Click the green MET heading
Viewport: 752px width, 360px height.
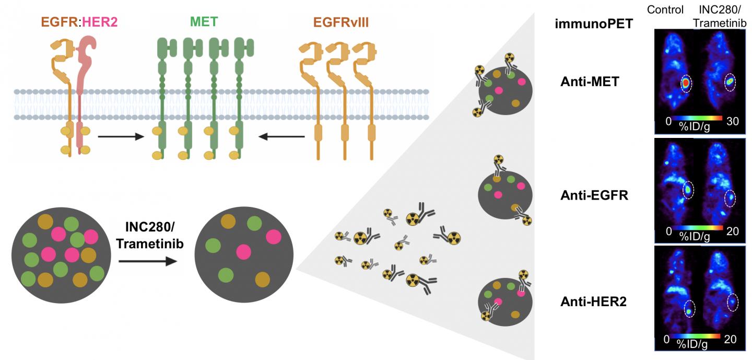point(204,23)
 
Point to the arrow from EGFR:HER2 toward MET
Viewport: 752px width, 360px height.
point(121,137)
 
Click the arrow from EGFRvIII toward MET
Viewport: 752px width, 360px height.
point(283,137)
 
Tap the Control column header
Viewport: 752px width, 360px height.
point(665,9)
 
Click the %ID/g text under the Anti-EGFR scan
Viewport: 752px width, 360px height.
point(694,236)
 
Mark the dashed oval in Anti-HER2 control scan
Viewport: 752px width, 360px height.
point(689,309)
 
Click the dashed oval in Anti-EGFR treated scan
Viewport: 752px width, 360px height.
point(730,198)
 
